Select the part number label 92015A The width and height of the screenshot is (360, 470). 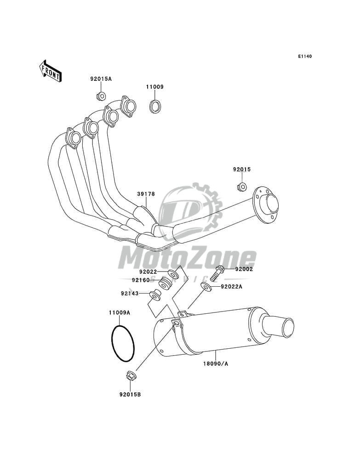click(x=101, y=79)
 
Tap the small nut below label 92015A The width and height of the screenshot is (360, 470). click(x=101, y=96)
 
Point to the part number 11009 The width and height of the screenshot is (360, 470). click(x=155, y=86)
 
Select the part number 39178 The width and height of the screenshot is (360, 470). click(x=145, y=194)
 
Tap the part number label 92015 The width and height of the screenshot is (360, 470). click(x=241, y=170)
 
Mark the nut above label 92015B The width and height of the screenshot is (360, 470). click(x=130, y=376)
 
